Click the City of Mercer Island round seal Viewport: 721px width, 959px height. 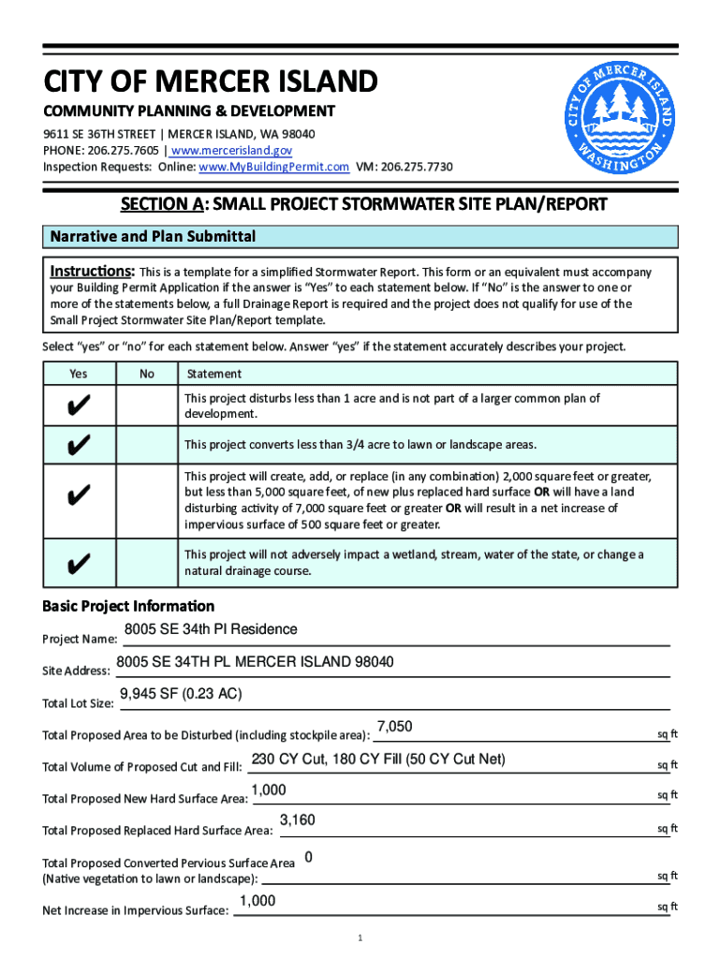pyautogui.click(x=619, y=120)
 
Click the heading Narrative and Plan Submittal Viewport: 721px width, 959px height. pyautogui.click(x=153, y=237)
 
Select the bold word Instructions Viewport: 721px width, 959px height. pyautogui.click(x=92, y=272)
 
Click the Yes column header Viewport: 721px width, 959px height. pyautogui.click(x=79, y=374)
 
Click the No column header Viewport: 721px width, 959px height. pyautogui.click(x=147, y=374)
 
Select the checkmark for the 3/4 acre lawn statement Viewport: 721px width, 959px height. pyautogui.click(x=80, y=444)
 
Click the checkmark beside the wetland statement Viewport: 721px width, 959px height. pyautogui.click(x=80, y=563)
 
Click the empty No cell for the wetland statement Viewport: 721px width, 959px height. pyautogui.click(x=147, y=563)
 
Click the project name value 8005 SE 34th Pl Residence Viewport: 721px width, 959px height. pyautogui.click(x=211, y=629)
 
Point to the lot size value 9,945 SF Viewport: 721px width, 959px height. pyautogui.click(x=181, y=694)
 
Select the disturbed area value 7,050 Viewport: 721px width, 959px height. pyautogui.click(x=394, y=727)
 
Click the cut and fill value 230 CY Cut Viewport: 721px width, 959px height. pyautogui.click(x=378, y=760)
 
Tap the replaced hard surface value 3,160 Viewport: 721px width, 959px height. pyautogui.click(x=298, y=820)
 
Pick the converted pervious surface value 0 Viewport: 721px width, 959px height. pyautogui.click(x=309, y=857)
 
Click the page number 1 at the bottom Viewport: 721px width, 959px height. pyautogui.click(x=360, y=938)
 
